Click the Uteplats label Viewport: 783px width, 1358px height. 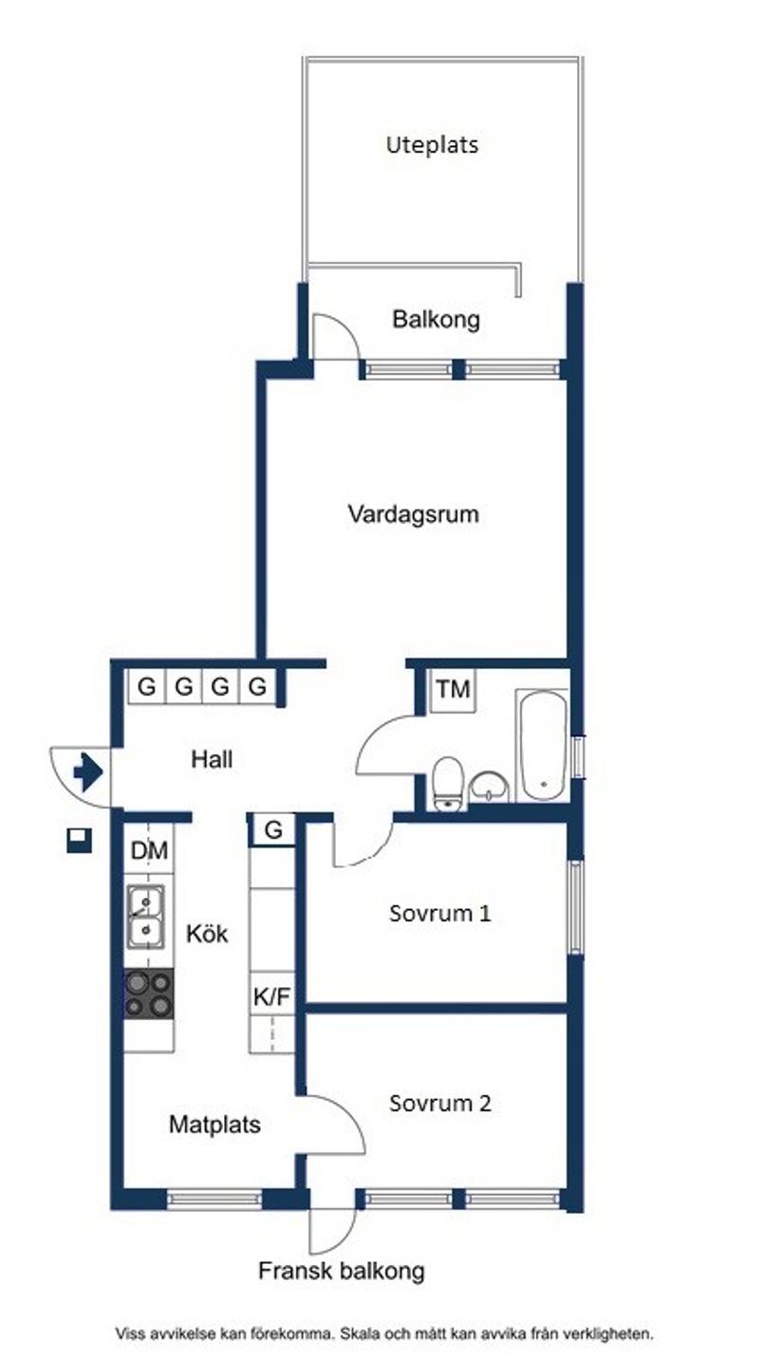(432, 145)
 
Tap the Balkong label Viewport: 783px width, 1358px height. (436, 319)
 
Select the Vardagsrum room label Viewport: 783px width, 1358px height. (413, 514)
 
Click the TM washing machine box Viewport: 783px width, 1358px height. (454, 690)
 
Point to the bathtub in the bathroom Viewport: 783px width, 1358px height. (543, 746)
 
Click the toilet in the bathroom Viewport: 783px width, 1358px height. (446, 784)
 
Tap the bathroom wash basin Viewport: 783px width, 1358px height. (490, 787)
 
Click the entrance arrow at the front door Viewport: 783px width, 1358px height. (87, 772)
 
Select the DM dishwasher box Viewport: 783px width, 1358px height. (149, 851)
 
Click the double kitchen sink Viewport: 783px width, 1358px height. (145, 917)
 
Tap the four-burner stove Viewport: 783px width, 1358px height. (149, 994)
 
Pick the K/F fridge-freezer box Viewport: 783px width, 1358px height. (271, 996)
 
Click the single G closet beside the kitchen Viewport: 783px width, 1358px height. (273, 829)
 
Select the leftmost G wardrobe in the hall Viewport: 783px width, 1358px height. (146, 686)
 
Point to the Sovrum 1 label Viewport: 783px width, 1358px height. (439, 914)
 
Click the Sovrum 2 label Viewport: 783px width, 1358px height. (439, 1104)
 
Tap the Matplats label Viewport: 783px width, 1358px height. (214, 1125)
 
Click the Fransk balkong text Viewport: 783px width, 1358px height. (341, 1271)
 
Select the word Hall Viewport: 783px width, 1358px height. (211, 759)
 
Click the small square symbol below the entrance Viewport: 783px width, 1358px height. (79, 840)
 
